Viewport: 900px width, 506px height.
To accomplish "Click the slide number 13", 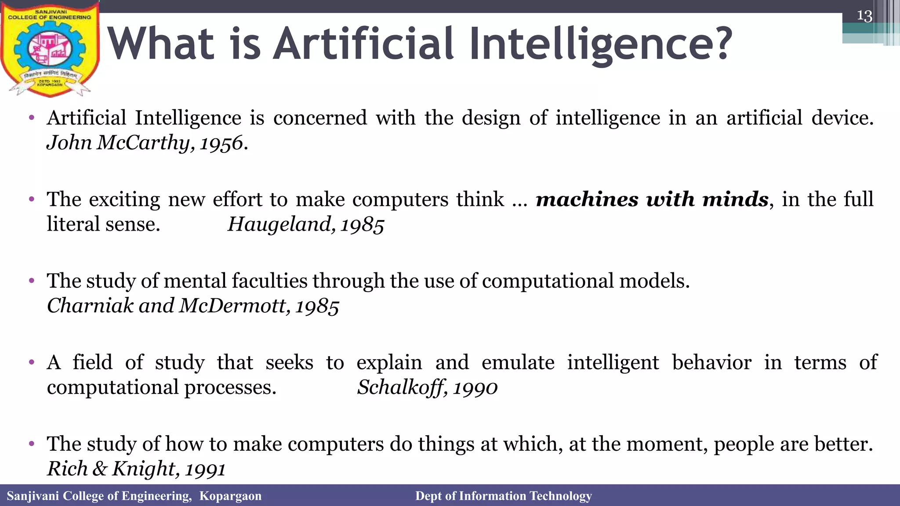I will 864,16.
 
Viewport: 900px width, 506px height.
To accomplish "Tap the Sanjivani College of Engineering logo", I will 49,49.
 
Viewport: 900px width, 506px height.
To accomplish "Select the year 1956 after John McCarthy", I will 221,143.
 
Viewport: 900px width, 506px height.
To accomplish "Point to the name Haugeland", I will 279,224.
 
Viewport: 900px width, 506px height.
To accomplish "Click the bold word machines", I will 587,200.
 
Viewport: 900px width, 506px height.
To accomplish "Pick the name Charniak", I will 90,306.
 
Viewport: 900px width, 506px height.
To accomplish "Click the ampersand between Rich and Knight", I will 100,469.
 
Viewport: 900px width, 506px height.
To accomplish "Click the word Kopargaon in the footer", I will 230,496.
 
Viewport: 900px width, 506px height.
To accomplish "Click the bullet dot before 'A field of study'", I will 31,363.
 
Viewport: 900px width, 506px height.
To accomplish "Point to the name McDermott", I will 234,306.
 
